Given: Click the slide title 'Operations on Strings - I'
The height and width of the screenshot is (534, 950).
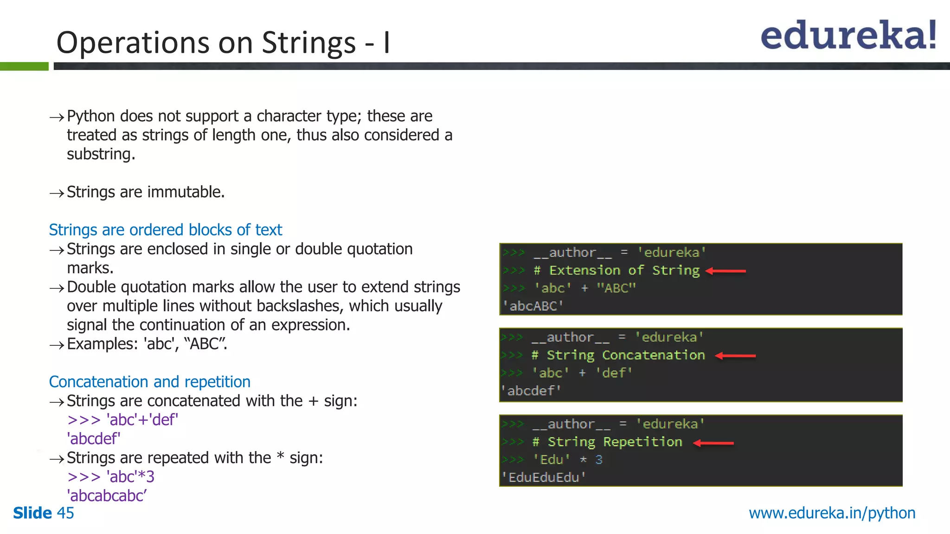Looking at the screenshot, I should click(223, 43).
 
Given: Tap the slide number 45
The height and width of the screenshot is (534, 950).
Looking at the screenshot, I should click(65, 513).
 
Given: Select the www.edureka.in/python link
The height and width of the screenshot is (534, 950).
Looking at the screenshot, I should click(832, 513).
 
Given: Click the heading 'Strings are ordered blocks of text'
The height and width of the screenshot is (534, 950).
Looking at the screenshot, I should click(165, 230).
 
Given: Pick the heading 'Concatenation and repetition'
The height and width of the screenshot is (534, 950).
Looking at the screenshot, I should click(149, 382).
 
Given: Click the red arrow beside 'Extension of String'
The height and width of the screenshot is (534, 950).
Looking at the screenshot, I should click(725, 271).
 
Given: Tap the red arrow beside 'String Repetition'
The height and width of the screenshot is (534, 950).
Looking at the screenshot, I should click(713, 443).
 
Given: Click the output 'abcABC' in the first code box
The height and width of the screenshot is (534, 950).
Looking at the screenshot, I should click(533, 306).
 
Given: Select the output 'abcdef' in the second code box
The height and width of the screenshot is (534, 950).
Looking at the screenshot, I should click(531, 391).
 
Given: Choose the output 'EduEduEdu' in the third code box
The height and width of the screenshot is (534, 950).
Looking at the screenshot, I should click(543, 477).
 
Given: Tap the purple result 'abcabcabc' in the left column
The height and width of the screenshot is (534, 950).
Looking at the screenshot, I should click(107, 496).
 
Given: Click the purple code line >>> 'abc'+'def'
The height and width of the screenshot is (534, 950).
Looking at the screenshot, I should click(122, 420).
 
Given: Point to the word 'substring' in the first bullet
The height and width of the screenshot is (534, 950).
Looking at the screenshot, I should click(100, 154).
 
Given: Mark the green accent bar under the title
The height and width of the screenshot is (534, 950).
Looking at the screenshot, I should click(24, 66).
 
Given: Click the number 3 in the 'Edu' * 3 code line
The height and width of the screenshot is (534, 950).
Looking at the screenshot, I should click(599, 460).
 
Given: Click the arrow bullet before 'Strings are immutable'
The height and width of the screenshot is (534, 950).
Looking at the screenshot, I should click(57, 193).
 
